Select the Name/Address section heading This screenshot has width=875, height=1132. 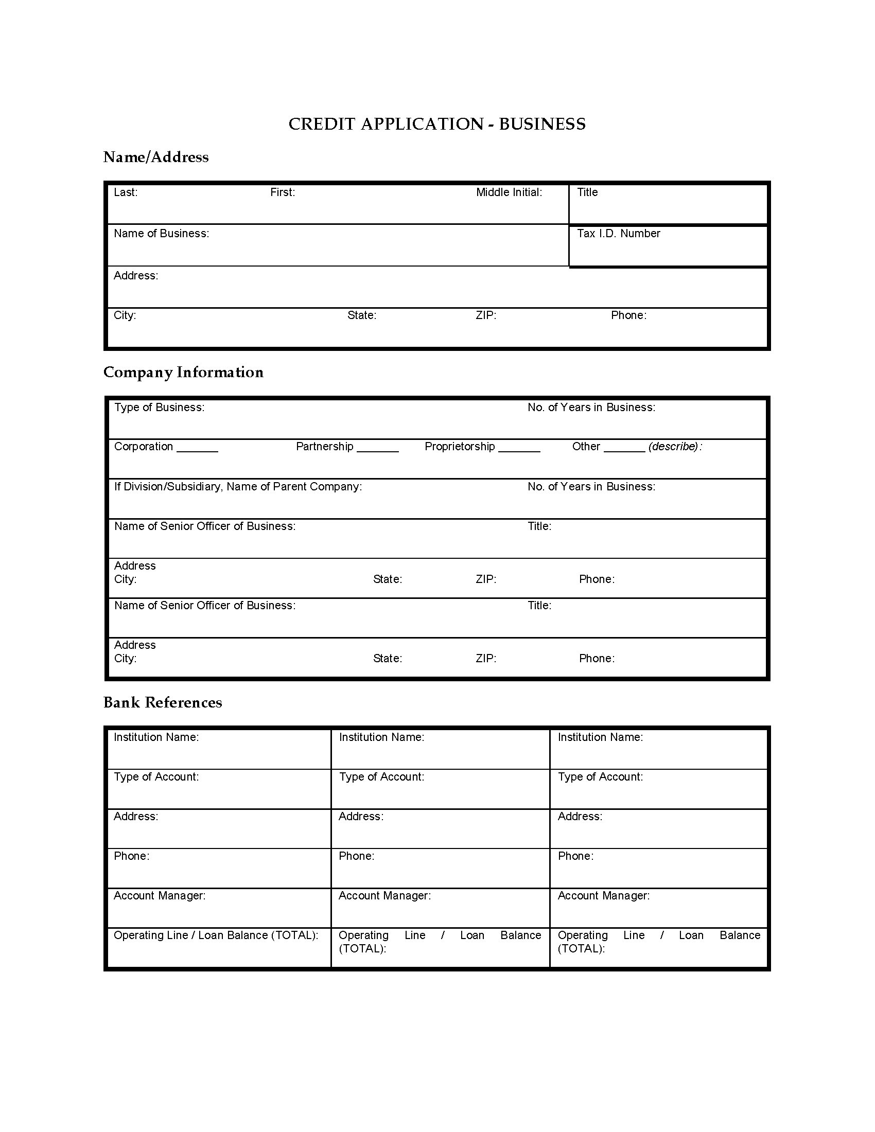[155, 157]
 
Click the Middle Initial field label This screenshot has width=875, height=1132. [509, 192]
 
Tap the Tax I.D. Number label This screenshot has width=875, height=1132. [618, 234]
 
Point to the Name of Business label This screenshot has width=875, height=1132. [161, 234]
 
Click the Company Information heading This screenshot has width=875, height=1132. [183, 372]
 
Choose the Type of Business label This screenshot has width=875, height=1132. [159, 408]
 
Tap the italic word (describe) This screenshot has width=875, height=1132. [673, 447]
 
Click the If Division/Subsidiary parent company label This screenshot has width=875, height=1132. [238, 487]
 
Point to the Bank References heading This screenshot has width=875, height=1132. [162, 702]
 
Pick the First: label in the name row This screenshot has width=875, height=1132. [283, 192]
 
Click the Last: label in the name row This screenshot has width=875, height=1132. [126, 192]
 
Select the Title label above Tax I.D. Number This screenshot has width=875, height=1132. [587, 192]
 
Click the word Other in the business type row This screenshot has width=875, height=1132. [586, 447]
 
